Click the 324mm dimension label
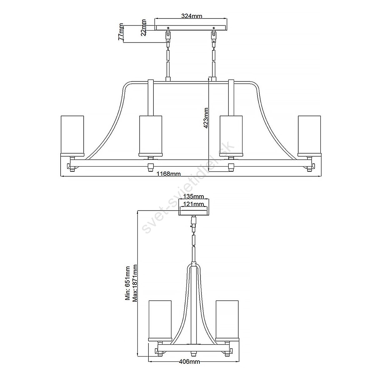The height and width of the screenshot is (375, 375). [x=192, y=16]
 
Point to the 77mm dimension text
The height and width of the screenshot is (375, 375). [x=121, y=34]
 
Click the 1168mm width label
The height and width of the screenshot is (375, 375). [x=169, y=174]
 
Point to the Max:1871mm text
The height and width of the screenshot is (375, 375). [x=135, y=286]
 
